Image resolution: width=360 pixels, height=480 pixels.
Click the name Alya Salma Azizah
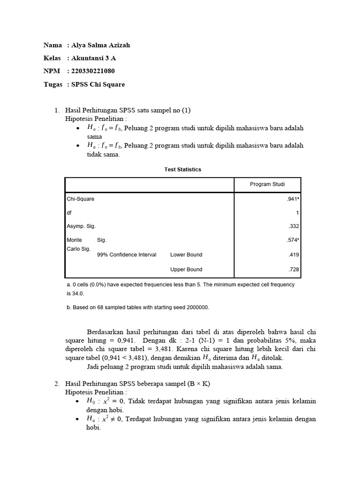click(x=101, y=45)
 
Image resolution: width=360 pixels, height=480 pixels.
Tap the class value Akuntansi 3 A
click(x=93, y=58)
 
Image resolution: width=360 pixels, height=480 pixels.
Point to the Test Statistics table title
click(x=182, y=169)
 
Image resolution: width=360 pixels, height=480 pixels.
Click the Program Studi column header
click(x=267, y=184)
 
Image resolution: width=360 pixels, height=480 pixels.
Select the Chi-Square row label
click(x=80, y=199)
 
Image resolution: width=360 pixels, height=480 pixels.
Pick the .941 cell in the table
click(x=292, y=199)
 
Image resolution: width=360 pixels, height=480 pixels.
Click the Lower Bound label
click(x=186, y=255)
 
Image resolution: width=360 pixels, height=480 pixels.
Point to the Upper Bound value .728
click(x=294, y=270)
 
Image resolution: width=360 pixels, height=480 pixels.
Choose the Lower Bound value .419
click(x=294, y=255)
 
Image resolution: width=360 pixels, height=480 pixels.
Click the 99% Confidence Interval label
click(x=127, y=255)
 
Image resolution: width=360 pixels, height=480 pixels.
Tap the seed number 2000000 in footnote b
click(x=196, y=307)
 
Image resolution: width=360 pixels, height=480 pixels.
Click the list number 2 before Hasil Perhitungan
click(x=57, y=384)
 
